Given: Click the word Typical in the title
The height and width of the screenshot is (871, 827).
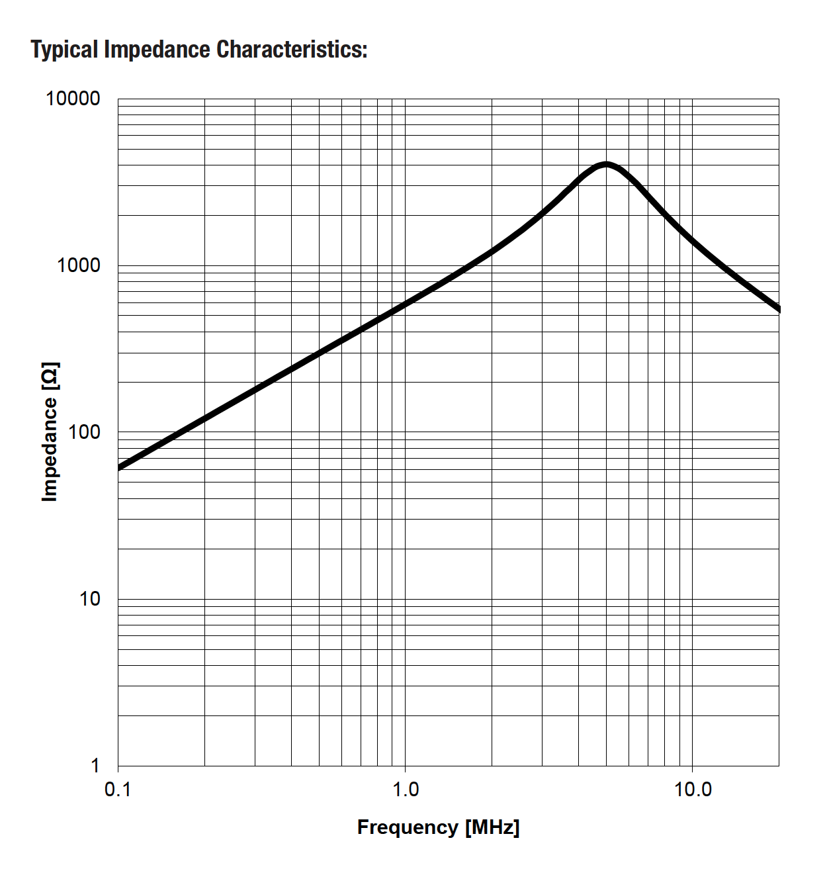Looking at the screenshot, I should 64,50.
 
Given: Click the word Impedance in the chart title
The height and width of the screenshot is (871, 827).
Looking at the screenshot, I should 157,50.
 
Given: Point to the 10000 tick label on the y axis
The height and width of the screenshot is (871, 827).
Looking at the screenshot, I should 73,99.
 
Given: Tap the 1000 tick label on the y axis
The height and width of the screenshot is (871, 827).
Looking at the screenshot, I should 78,265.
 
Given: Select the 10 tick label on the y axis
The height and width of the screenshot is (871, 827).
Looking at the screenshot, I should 89,599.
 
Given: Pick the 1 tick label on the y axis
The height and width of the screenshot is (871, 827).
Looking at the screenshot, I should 95,766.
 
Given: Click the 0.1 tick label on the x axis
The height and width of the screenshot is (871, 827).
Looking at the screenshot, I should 118,790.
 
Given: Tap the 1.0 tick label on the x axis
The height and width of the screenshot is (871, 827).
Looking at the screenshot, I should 405,790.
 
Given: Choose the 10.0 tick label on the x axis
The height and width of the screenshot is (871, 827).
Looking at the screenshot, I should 692,790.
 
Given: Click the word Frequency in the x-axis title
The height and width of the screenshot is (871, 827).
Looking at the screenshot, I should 408,827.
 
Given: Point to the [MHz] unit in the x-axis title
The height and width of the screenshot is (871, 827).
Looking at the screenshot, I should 492,827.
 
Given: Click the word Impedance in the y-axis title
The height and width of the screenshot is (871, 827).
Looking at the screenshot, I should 50,450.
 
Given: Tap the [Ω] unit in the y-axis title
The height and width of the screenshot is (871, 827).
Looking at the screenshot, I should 50,375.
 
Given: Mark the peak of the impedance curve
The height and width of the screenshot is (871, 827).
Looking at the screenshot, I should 605,164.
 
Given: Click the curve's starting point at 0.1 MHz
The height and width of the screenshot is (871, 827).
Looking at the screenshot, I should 119,467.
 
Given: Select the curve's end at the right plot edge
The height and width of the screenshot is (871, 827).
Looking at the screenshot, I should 779,308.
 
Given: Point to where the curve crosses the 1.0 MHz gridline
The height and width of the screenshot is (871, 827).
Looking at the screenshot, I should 405,303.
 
